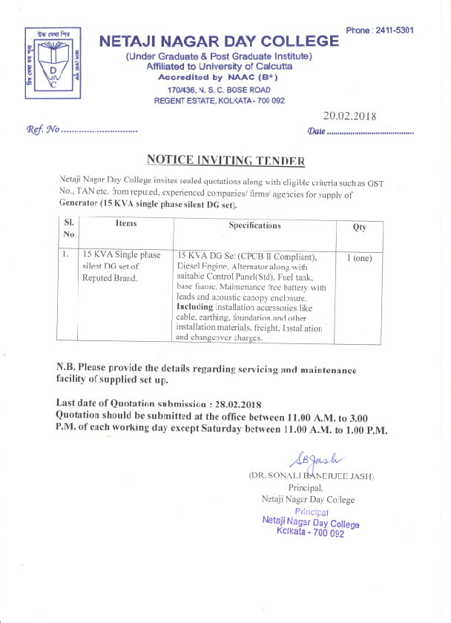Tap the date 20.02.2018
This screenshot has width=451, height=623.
[x=349, y=116]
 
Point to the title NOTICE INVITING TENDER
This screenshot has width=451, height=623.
[x=225, y=159]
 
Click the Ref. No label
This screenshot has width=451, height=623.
[x=42, y=131]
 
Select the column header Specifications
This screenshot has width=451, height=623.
[x=254, y=225]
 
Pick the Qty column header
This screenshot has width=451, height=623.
[x=359, y=228]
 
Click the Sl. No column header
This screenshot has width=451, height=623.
[x=68, y=228]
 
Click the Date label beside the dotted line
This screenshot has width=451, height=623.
[x=316, y=131]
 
